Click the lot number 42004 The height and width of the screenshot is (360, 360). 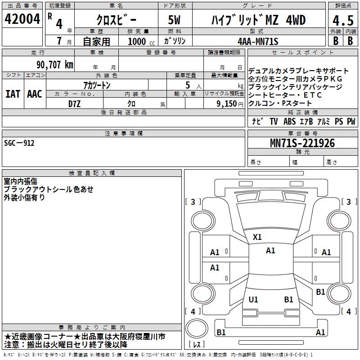(x=22, y=19)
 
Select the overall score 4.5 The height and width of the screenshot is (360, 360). (x=343, y=20)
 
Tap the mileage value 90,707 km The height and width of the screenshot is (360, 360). (x=54, y=65)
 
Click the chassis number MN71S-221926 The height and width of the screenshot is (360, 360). (x=302, y=143)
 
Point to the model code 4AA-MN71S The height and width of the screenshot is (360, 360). (x=258, y=41)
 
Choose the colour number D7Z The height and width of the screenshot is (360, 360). (x=74, y=104)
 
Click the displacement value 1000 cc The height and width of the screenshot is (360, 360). (x=141, y=41)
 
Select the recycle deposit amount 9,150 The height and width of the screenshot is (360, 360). (x=226, y=104)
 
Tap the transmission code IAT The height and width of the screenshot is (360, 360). (x=13, y=94)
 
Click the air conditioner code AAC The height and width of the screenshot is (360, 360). (x=35, y=94)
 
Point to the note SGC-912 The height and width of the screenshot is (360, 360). (x=19, y=143)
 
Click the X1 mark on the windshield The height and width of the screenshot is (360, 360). (x=257, y=237)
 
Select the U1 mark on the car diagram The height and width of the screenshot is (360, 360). (x=253, y=299)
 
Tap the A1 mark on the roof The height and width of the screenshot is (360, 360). (x=270, y=251)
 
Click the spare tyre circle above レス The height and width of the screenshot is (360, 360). (x=197, y=328)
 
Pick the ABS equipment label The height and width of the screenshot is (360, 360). (x=289, y=121)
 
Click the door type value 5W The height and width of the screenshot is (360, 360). (x=174, y=20)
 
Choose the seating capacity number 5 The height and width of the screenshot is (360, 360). (x=188, y=85)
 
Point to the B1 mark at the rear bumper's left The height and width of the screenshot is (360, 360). (x=221, y=332)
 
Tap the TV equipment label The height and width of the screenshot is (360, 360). (x=274, y=121)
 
